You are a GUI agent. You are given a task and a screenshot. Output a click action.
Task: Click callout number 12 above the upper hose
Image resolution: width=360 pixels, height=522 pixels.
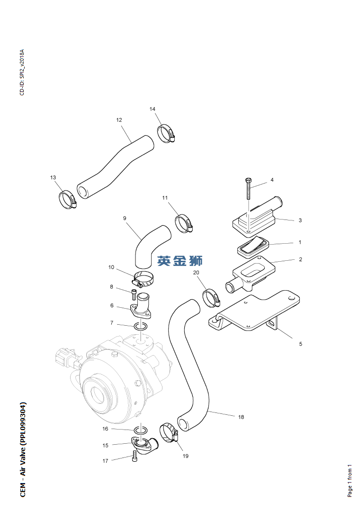(x=119, y=120)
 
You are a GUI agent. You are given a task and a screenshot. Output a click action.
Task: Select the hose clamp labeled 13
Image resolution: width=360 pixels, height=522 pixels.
(x=67, y=200)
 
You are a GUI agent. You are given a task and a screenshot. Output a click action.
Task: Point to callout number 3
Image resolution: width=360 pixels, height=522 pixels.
(x=300, y=220)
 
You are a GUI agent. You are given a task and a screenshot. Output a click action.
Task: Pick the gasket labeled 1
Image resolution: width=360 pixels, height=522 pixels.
(x=252, y=245)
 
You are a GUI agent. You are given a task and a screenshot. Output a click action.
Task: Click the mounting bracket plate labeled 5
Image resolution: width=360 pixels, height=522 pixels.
(x=256, y=313)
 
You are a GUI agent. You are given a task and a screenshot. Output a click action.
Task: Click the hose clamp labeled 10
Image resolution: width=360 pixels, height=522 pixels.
(x=143, y=280)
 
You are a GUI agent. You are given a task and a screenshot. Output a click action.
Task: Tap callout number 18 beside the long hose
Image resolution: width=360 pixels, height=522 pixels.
(x=241, y=417)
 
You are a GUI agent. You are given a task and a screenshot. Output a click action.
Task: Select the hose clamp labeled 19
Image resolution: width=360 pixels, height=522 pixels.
(x=169, y=432)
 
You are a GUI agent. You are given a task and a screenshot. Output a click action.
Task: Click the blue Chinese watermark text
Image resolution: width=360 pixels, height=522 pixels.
(x=180, y=260)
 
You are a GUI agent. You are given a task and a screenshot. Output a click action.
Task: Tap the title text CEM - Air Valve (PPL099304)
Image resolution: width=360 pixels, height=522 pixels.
(x=23, y=449)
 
